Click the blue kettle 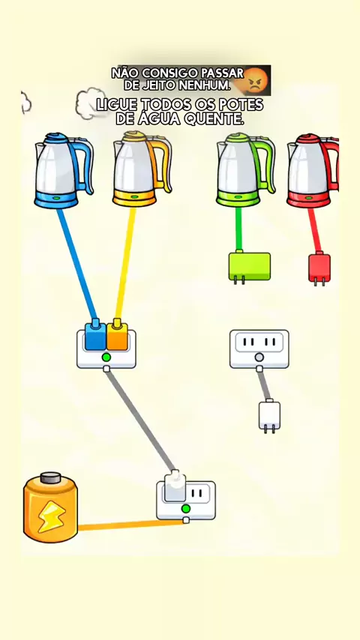coord(64,170)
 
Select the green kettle coord(245,170)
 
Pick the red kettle coord(313,171)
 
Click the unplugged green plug coord(249,267)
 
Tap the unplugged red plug coord(319,268)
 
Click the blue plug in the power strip coord(95,335)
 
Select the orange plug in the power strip coord(117,335)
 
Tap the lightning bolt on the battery coord(49,516)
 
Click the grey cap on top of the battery coord(51,477)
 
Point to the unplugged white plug coord(269,416)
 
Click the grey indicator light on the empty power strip coord(259,358)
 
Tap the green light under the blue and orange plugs coord(106,357)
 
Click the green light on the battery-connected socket coord(186,509)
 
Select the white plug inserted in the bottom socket coord(175,486)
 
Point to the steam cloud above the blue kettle coord(91,103)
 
